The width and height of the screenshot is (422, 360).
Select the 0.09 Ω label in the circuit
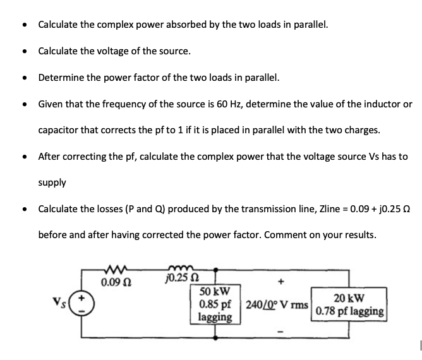[x=114, y=279]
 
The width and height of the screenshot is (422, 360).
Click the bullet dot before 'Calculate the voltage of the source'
[x=24, y=51]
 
